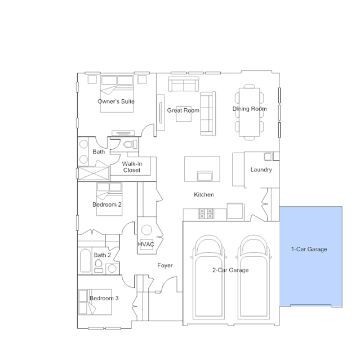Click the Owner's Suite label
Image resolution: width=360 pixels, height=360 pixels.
tap(116, 101)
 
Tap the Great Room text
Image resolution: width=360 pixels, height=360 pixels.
tap(183, 110)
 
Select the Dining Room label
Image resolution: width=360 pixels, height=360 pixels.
tap(250, 109)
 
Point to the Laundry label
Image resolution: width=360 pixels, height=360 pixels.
tap(261, 170)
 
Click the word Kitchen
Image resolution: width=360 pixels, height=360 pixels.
tap(204, 195)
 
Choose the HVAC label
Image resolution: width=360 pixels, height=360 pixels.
tap(146, 245)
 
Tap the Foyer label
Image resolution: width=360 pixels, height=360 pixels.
tap(165, 265)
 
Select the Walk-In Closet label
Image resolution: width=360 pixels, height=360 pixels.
tap(132, 167)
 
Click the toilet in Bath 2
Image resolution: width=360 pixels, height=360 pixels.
tap(99, 266)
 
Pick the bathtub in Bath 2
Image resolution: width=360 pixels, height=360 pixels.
tap(86, 261)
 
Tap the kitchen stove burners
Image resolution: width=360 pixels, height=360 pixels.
tap(206, 214)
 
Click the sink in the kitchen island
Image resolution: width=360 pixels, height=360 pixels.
tap(205, 176)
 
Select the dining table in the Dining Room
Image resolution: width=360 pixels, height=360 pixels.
tap(250, 112)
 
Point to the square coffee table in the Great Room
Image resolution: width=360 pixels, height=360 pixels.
tap(184, 114)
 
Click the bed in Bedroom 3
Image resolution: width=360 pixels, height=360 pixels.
tap(95, 302)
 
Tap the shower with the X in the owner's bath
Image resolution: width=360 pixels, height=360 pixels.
tap(94, 174)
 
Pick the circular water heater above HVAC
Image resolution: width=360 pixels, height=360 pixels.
tap(146, 230)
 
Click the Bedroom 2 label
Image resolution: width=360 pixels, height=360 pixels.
tap(107, 205)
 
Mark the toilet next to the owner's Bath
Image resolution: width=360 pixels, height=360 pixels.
tap(130, 144)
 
